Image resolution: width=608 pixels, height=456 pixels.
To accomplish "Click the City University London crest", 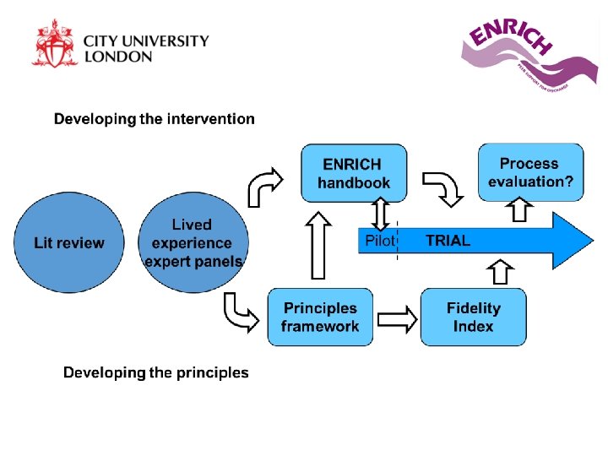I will [55, 43].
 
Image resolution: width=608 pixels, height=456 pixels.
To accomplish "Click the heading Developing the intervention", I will [154, 119].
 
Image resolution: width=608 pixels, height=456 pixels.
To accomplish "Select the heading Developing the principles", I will [156, 372].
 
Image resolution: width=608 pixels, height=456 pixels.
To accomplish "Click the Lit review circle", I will [69, 243].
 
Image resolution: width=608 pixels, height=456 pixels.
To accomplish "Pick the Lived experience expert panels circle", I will [193, 243].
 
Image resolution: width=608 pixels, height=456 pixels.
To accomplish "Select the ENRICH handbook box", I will [354, 173].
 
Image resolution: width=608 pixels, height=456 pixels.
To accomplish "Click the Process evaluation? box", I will [529, 172].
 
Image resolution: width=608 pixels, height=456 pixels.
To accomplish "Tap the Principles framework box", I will [320, 318].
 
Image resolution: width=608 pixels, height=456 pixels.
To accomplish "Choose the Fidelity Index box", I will [473, 318].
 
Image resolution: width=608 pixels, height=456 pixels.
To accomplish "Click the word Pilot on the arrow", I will [380, 241].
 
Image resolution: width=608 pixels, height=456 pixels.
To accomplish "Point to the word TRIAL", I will [448, 241].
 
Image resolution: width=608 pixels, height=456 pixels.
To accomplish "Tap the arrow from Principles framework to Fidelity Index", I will [397, 318].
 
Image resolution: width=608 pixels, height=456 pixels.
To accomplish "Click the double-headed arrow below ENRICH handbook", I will [381, 214].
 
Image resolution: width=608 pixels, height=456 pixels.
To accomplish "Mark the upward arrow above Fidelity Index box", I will [501, 272].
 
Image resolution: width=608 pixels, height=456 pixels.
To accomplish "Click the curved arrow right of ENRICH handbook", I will [443, 187].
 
